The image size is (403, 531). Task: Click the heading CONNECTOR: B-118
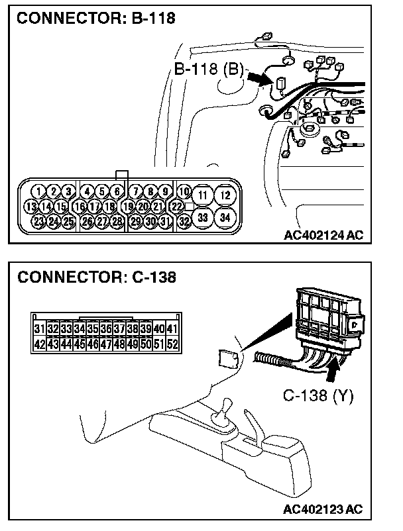point(96,19)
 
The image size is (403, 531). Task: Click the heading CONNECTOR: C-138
point(97,277)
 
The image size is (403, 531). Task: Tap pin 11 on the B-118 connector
point(203,195)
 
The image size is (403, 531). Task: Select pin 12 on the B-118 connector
point(225,195)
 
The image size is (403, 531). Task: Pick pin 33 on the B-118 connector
point(203,217)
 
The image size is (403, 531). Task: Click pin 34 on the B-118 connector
point(225,217)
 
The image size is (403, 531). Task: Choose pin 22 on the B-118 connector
point(176,206)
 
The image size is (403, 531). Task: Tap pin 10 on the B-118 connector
point(184,192)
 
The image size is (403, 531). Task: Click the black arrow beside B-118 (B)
point(260,78)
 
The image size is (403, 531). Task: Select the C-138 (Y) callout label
point(318,396)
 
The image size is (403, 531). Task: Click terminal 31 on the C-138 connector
point(39,328)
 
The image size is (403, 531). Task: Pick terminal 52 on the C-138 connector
point(172,344)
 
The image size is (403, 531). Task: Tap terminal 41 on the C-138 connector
point(172,328)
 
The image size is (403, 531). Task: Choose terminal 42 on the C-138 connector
point(39,344)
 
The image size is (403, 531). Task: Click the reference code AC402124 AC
point(323,234)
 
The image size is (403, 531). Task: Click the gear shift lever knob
point(224,403)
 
